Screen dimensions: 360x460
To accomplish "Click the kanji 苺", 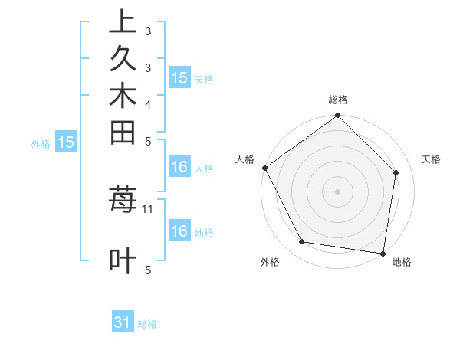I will pos(123,201).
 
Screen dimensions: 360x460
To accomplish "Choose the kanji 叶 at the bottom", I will pos(123,260).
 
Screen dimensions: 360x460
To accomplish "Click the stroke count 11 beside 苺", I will pos(148,208).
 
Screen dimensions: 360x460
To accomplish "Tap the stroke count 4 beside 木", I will pos(148,103).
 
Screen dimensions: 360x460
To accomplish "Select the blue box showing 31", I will pos(123,322).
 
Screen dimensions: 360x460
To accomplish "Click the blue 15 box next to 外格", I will pos(67,142).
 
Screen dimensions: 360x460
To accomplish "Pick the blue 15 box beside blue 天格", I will pos(179,77).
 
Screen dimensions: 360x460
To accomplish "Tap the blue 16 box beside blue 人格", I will pos(179,167).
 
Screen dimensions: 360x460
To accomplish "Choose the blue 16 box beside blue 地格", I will pos(179,231).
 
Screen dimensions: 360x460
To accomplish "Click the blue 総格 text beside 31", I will pos(147,324).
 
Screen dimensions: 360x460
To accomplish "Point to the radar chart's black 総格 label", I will pos(338,100).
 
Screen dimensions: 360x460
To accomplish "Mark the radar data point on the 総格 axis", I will pos(337,116).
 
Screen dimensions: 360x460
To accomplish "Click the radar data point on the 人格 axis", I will pos(265,168).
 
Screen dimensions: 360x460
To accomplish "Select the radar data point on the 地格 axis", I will pos(383,253).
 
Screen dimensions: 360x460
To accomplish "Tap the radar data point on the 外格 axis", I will pos(302,242).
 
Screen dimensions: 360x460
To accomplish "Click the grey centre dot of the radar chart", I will pos(337,191).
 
